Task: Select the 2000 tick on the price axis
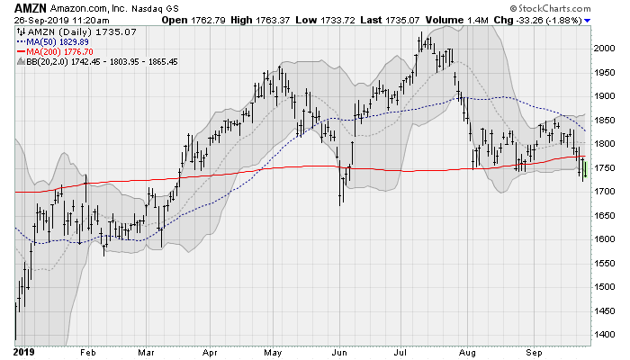(x=605, y=49)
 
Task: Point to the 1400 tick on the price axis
(x=605, y=334)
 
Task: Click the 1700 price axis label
(x=605, y=192)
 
